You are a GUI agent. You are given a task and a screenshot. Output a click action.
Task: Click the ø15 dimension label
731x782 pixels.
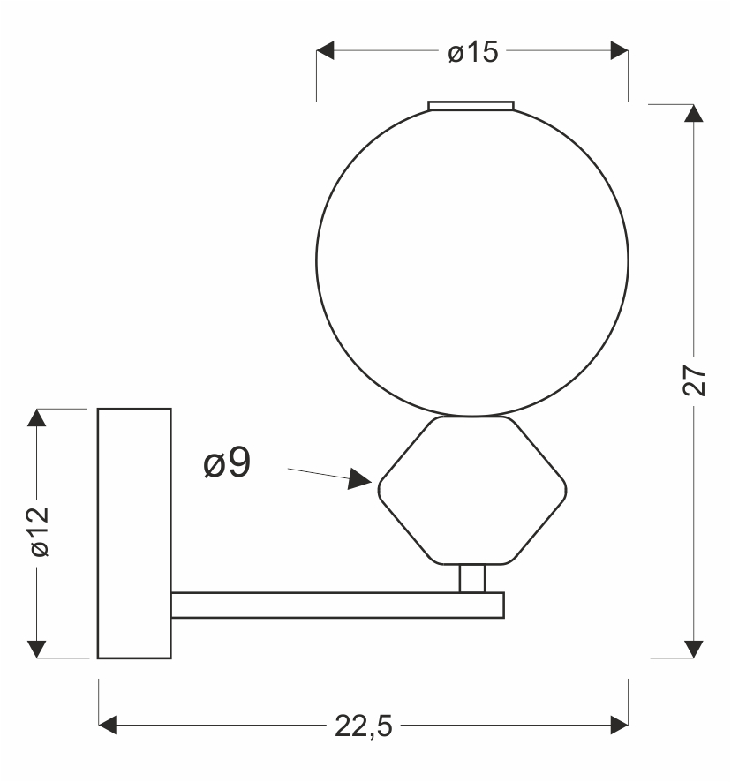[x=472, y=52]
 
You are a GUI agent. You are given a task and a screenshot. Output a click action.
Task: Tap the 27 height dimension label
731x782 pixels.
[x=694, y=381]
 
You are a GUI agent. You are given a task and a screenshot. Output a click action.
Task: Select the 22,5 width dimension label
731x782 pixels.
[x=363, y=726]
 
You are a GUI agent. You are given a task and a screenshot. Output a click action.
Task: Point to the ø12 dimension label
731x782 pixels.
[x=39, y=531]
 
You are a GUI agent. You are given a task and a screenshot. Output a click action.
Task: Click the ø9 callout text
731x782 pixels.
[x=227, y=463]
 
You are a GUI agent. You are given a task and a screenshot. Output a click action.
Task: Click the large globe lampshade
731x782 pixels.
[x=472, y=261]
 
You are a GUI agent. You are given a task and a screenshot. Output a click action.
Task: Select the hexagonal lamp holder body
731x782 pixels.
[x=472, y=491]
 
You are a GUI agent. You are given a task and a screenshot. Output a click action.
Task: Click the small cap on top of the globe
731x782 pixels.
[x=471, y=105]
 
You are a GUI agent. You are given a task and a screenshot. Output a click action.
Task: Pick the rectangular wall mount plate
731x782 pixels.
[x=135, y=534]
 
